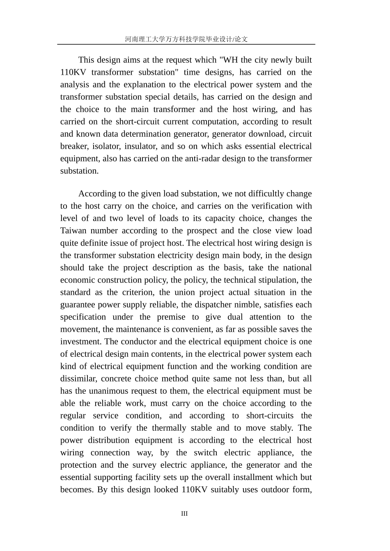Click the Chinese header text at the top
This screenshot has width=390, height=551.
tap(186, 39)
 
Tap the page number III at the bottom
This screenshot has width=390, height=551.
tap(184, 514)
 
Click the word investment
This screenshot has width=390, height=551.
tap(80, 342)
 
